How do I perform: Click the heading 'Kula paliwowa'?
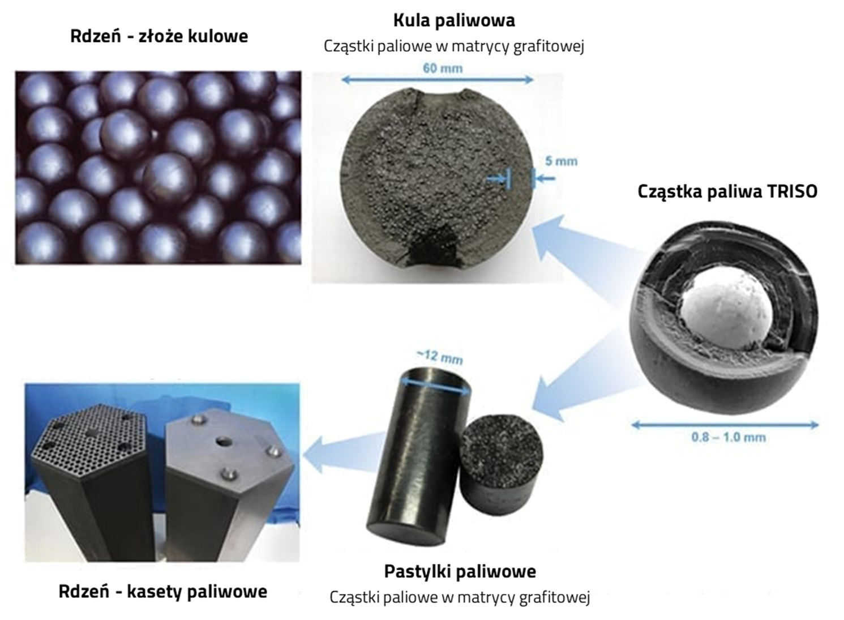point(454,21)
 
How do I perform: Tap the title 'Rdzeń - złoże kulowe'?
point(159,36)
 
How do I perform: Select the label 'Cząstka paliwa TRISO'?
point(727,191)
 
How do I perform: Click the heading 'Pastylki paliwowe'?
point(460,571)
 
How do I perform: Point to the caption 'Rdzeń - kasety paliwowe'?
point(163,592)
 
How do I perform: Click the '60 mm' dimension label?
point(443,69)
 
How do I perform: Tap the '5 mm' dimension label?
point(561,161)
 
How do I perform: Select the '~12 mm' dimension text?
point(440,357)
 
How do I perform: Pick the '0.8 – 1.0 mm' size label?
point(728,437)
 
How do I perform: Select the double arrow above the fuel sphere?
point(438,80)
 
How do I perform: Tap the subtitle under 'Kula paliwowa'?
point(454,46)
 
